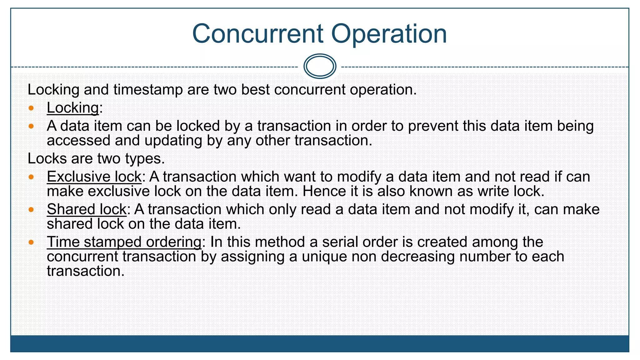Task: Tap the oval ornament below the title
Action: (x=320, y=66)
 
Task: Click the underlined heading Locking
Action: (x=73, y=108)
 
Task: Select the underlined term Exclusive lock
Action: (x=94, y=177)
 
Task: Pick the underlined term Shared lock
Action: (x=87, y=209)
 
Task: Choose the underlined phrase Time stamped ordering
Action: (x=124, y=242)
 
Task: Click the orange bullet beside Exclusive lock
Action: (x=31, y=177)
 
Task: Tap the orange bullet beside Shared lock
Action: (x=31, y=209)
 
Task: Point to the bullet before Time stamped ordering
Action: (x=31, y=242)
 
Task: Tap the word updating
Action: (x=173, y=141)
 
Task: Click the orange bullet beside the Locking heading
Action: (x=31, y=108)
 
